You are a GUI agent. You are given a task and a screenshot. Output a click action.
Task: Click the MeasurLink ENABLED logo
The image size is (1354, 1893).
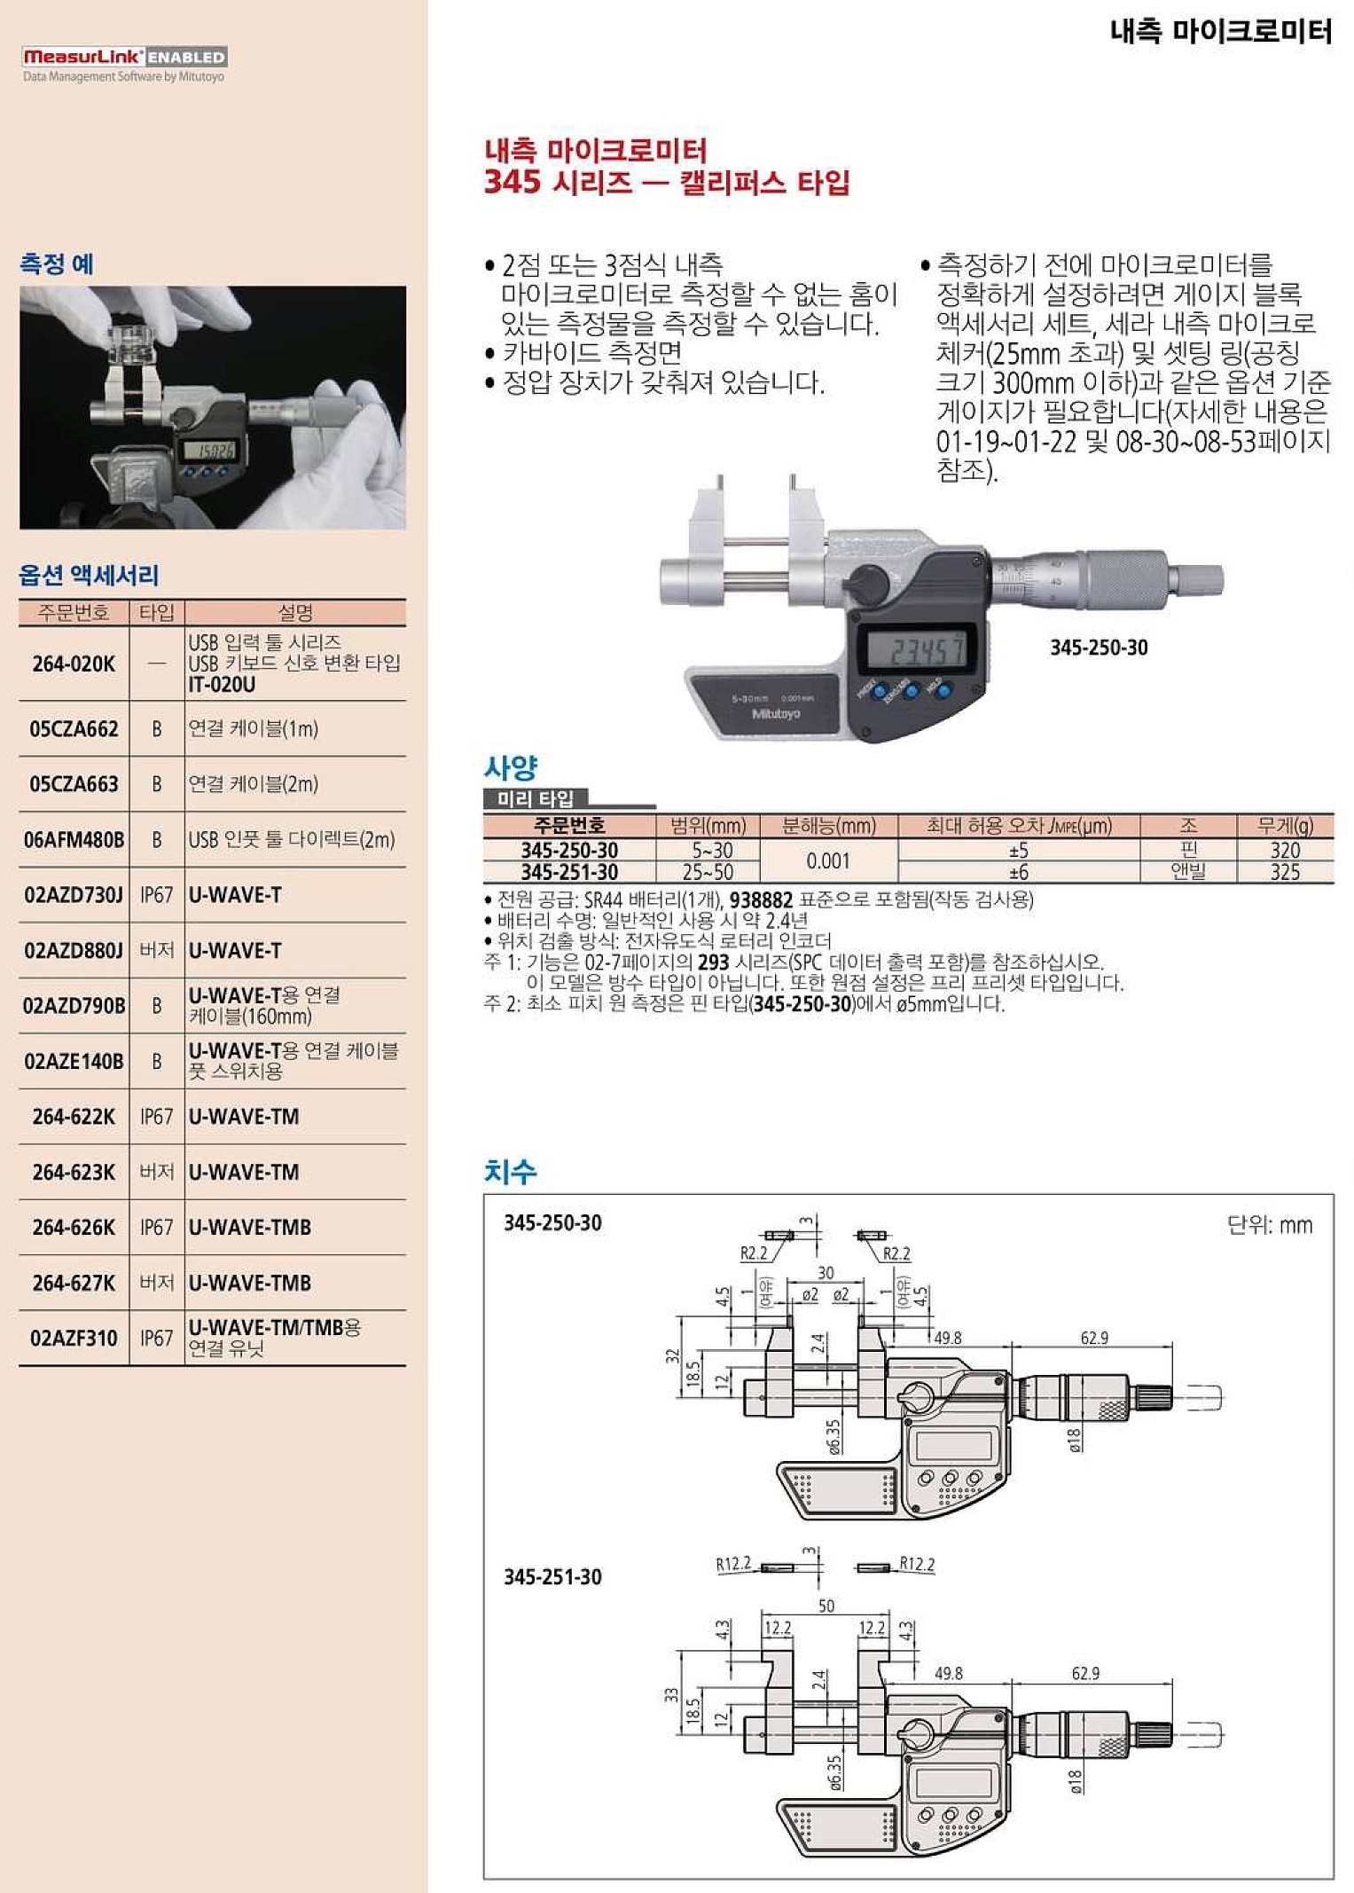[124, 57]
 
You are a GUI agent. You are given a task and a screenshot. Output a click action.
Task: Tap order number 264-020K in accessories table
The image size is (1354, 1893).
[74, 664]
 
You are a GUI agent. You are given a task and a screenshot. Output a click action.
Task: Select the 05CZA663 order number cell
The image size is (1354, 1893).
[74, 784]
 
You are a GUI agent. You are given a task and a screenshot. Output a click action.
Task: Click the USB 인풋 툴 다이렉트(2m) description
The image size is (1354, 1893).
[291, 839]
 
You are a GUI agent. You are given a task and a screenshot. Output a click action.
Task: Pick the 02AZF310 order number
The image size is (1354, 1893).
[74, 1338]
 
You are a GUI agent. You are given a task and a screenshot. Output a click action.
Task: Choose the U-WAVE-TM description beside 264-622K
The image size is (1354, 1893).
[244, 1117]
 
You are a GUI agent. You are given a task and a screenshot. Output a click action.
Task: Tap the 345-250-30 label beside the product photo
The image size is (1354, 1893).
[1098, 648]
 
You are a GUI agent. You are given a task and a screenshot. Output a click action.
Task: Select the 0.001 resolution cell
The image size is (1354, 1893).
[827, 860]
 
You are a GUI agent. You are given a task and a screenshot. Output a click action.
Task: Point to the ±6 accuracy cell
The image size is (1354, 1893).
[1018, 872]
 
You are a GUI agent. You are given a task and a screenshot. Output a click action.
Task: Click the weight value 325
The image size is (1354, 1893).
[1284, 872]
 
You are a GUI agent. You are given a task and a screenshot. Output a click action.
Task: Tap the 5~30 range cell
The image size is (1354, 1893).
[711, 850]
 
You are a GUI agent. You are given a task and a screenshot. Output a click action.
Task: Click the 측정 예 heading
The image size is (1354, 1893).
[57, 263]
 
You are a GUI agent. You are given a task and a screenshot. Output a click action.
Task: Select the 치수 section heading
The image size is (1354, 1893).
[510, 1172]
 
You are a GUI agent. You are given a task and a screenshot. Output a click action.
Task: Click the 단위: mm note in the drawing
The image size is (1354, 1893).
[1269, 1225]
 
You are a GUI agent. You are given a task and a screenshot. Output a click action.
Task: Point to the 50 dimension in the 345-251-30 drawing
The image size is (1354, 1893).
[826, 1606]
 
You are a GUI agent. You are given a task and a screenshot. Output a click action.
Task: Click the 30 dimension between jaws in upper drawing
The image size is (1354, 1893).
[826, 1273]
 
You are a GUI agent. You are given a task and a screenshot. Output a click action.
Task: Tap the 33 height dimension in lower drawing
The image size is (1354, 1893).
[671, 1694]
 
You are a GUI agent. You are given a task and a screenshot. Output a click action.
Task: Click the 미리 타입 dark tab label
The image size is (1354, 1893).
[535, 798]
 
